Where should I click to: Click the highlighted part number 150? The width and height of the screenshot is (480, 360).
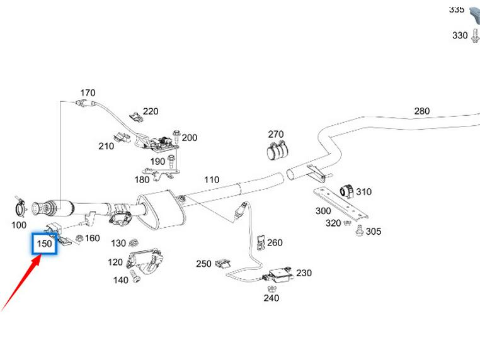point(45,244)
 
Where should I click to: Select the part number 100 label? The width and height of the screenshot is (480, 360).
point(19,225)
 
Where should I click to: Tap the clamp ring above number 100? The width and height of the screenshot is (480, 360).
point(20,205)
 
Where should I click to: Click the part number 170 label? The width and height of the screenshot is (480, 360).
point(88,93)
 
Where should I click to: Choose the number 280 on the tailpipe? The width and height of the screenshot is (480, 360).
point(421,111)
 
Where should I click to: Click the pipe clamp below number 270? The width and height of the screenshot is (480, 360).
point(277,152)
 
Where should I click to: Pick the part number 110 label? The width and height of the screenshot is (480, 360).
point(212,180)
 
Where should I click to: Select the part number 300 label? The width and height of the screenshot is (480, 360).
point(323,211)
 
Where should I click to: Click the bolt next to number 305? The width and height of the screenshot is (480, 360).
point(358,232)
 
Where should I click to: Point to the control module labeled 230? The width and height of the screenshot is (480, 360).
point(278,275)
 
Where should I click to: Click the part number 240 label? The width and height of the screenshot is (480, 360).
point(271,298)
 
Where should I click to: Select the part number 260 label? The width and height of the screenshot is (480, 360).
point(275,242)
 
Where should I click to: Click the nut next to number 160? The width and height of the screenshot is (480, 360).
point(79,238)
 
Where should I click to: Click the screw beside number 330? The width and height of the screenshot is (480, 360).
point(474,35)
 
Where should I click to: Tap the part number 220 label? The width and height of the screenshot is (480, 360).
point(151,111)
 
